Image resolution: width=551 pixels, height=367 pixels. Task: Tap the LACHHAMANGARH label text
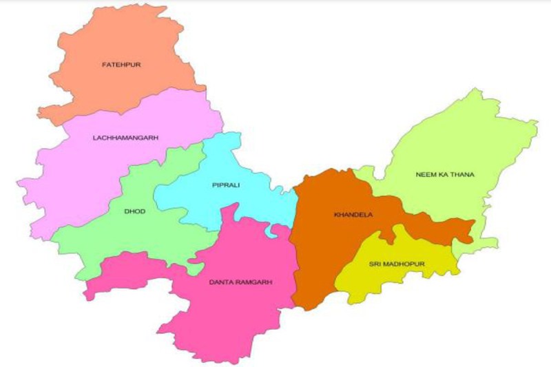pos(125,138)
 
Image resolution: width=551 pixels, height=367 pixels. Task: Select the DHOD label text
pos(135,211)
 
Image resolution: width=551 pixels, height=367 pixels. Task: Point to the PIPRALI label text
pos(225,185)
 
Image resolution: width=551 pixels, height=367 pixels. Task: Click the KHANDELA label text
pos(353,215)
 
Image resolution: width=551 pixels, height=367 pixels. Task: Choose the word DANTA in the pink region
pos(220,282)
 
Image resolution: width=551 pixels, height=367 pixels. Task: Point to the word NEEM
pos(425,174)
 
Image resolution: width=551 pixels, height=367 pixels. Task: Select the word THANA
pos(462,174)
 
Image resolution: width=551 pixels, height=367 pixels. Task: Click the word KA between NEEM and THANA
pos(442,174)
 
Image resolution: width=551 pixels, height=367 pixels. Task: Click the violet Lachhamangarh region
pos(83,172)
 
